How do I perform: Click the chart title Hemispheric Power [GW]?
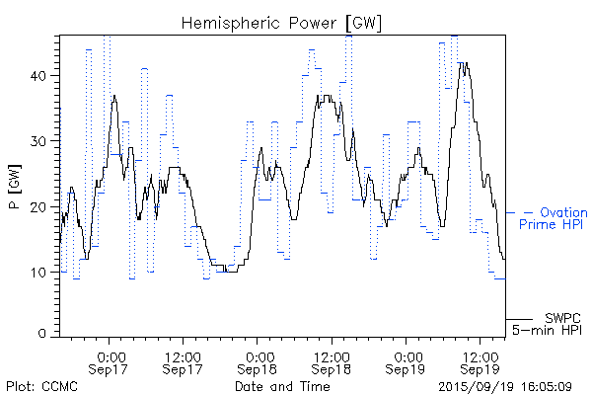(x=281, y=22)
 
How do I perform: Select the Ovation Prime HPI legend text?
(x=554, y=219)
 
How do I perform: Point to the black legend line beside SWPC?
(x=520, y=319)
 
